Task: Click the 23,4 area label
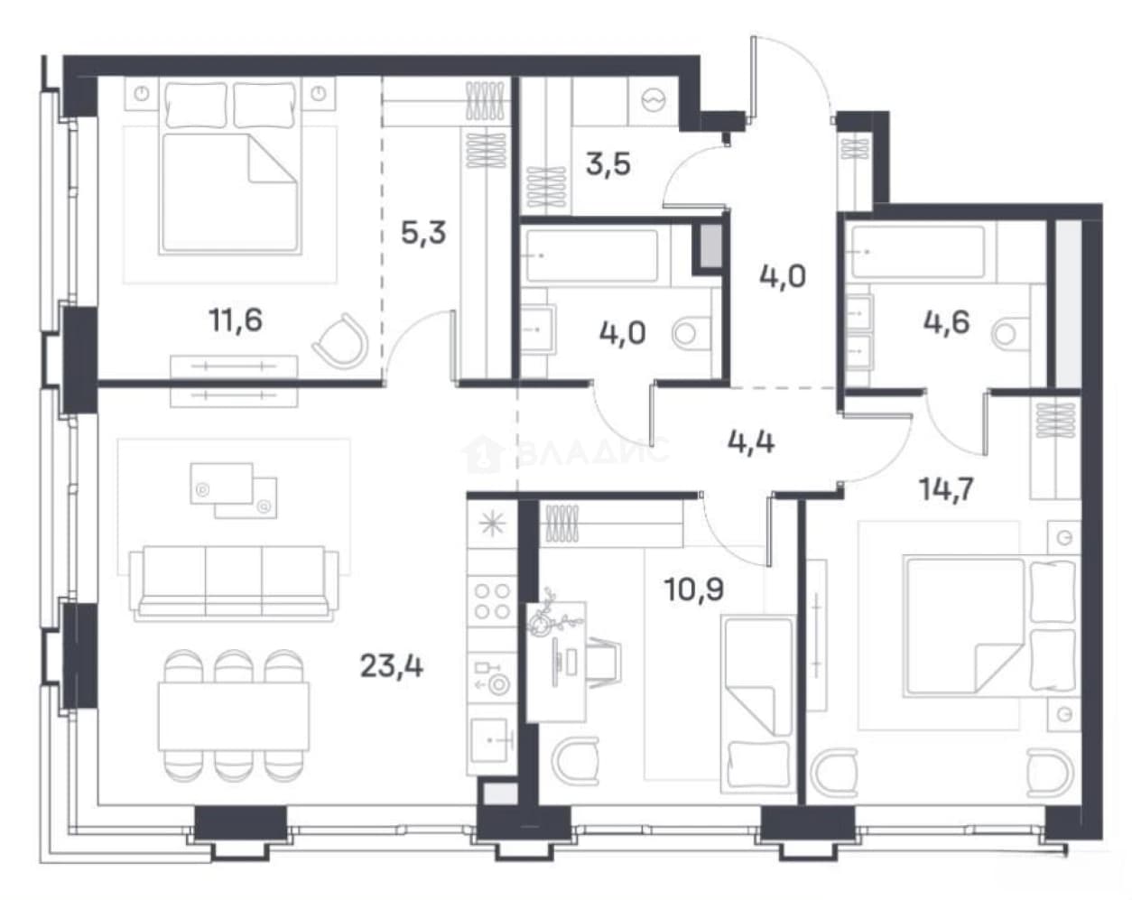coord(392,666)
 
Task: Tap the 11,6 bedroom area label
coord(236,320)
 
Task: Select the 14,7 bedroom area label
coord(946,489)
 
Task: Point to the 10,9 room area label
coord(694,589)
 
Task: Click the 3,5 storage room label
coord(608,164)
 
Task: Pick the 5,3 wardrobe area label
coord(423,233)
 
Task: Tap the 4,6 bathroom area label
coord(947,322)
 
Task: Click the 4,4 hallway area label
coord(751,442)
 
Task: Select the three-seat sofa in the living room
coord(234,583)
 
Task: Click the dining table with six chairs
coord(234,716)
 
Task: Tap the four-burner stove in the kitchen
coord(492,601)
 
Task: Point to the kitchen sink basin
coord(489,740)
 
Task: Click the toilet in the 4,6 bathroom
coord(1009,333)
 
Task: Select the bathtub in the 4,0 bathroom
coord(592,255)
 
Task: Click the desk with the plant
coord(557,662)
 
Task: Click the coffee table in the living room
coord(234,490)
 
